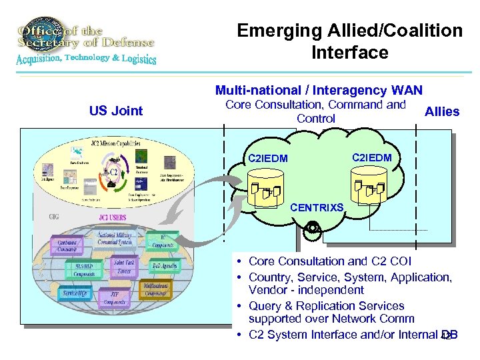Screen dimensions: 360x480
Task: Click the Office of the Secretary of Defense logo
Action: pyautogui.click(x=85, y=41)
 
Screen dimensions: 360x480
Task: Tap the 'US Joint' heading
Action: pyautogui.click(x=116, y=111)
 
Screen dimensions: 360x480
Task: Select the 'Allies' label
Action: pyautogui.click(x=442, y=111)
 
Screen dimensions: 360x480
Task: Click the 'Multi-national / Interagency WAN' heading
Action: pyautogui.click(x=318, y=90)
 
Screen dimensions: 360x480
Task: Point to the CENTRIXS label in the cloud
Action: pyautogui.click(x=317, y=208)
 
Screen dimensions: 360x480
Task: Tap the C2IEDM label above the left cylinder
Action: pyautogui.click(x=267, y=159)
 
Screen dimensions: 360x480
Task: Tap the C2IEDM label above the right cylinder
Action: pyautogui.click(x=373, y=157)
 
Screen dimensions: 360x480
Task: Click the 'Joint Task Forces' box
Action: pyautogui.click(x=124, y=267)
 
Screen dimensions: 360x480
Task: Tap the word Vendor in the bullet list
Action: pyautogui.click(x=267, y=290)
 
